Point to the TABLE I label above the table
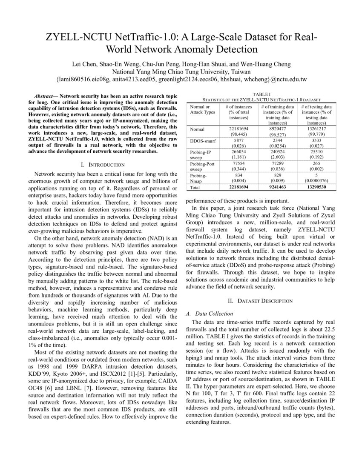point(261,94)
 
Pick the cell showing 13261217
point(316,129)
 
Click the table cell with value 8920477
point(277,129)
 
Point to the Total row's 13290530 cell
point(316,187)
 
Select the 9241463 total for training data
point(277,187)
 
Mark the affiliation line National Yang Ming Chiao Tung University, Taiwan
point(181,71)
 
